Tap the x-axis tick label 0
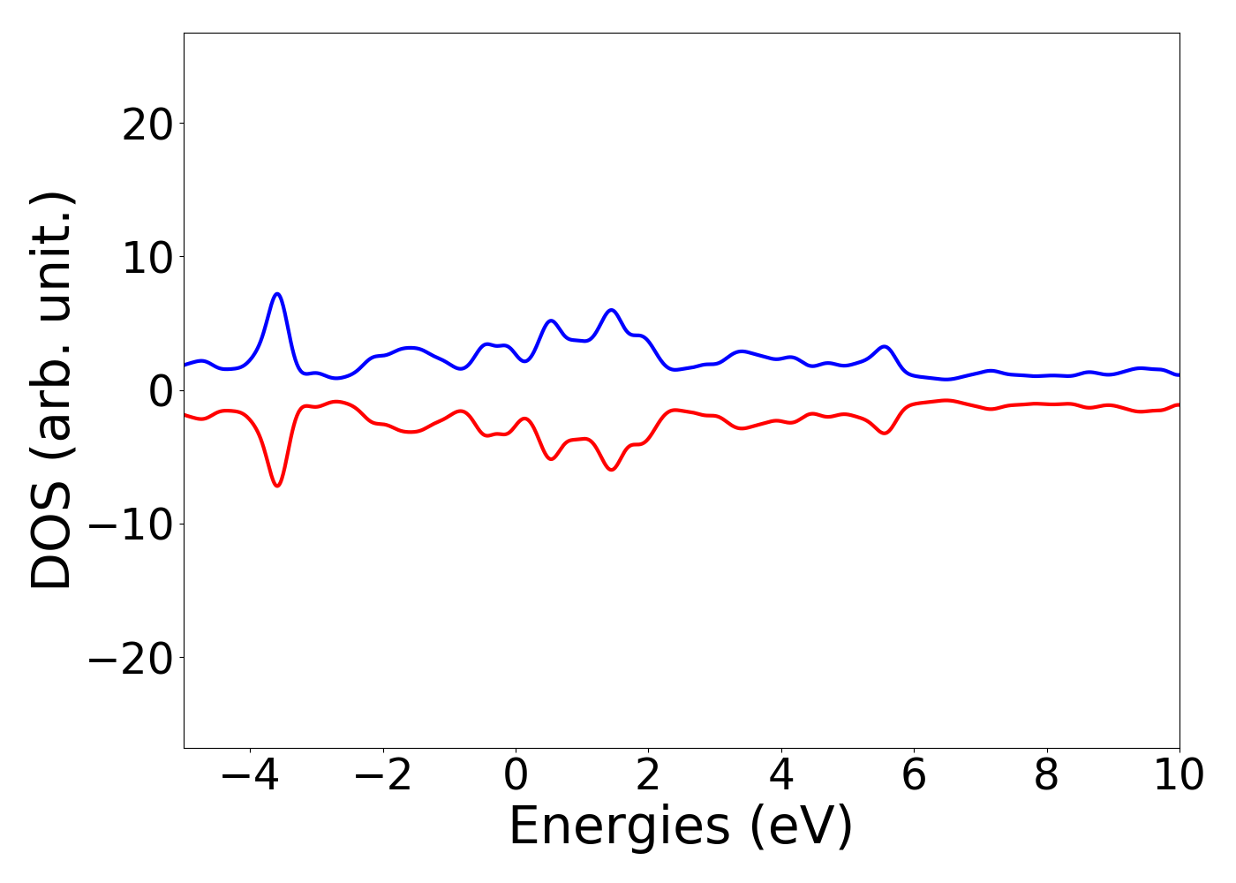(516, 776)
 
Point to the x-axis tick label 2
(648, 776)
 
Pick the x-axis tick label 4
(781, 776)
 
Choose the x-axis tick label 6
(914, 776)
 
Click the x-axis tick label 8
(1046, 776)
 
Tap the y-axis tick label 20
(147, 125)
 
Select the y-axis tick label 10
(147, 258)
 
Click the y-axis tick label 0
(160, 391)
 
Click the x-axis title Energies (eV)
(681, 827)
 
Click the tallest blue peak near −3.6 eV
(277, 294)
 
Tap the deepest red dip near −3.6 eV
(277, 486)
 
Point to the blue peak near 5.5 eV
(885, 346)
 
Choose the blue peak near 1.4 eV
(611, 310)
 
